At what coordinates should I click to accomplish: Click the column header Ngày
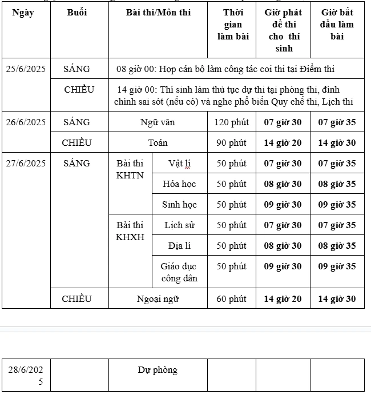pos(23,13)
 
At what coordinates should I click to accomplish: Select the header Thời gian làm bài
pos(233,25)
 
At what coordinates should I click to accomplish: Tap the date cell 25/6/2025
pos(26,69)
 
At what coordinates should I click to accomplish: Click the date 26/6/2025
pos(26,122)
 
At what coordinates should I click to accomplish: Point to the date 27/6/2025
pos(26,164)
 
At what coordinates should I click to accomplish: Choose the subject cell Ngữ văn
pos(158,122)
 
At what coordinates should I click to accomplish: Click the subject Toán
pos(158,143)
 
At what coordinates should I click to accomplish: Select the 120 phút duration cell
pos(231,122)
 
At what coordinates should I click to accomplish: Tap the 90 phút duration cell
pos(231,143)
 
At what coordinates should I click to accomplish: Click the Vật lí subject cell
pos(179,164)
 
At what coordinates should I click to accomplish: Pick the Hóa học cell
pos(179,184)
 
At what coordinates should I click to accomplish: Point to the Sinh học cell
pos(179,205)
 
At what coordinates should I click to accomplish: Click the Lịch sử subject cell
pos(179,225)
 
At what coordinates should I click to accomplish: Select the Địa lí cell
pos(179,246)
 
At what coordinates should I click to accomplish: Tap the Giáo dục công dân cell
pos(179,272)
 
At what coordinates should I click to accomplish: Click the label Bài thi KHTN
pos(130,169)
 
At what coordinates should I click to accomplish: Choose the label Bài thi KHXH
pos(130,231)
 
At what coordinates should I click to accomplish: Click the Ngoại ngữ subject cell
pos(158,299)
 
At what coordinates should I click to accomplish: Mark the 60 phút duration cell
pos(231,299)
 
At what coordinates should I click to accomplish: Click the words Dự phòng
pos(158,370)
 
